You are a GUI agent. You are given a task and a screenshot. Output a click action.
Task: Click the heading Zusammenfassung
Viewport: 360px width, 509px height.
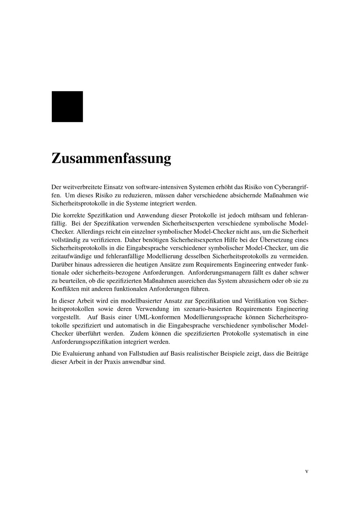(111, 158)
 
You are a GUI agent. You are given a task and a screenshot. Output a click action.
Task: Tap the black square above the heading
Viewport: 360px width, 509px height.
(67, 107)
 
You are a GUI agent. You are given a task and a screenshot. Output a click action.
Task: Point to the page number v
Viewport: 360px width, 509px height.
(307, 471)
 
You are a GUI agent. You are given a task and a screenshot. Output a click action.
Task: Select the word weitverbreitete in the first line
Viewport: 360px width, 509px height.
(82, 187)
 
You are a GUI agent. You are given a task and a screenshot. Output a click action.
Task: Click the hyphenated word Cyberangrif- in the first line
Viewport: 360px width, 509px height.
(291, 187)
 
